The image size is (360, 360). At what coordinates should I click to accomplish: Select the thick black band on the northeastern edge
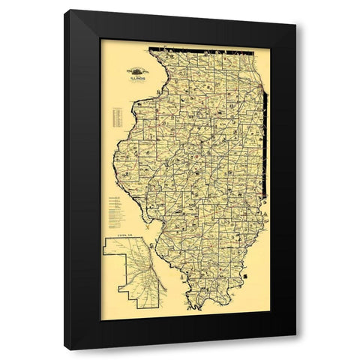[x=264, y=120]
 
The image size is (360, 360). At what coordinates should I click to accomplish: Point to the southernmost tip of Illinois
[x=202, y=309]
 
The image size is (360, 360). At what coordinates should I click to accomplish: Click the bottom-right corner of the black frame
[x=295, y=349]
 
